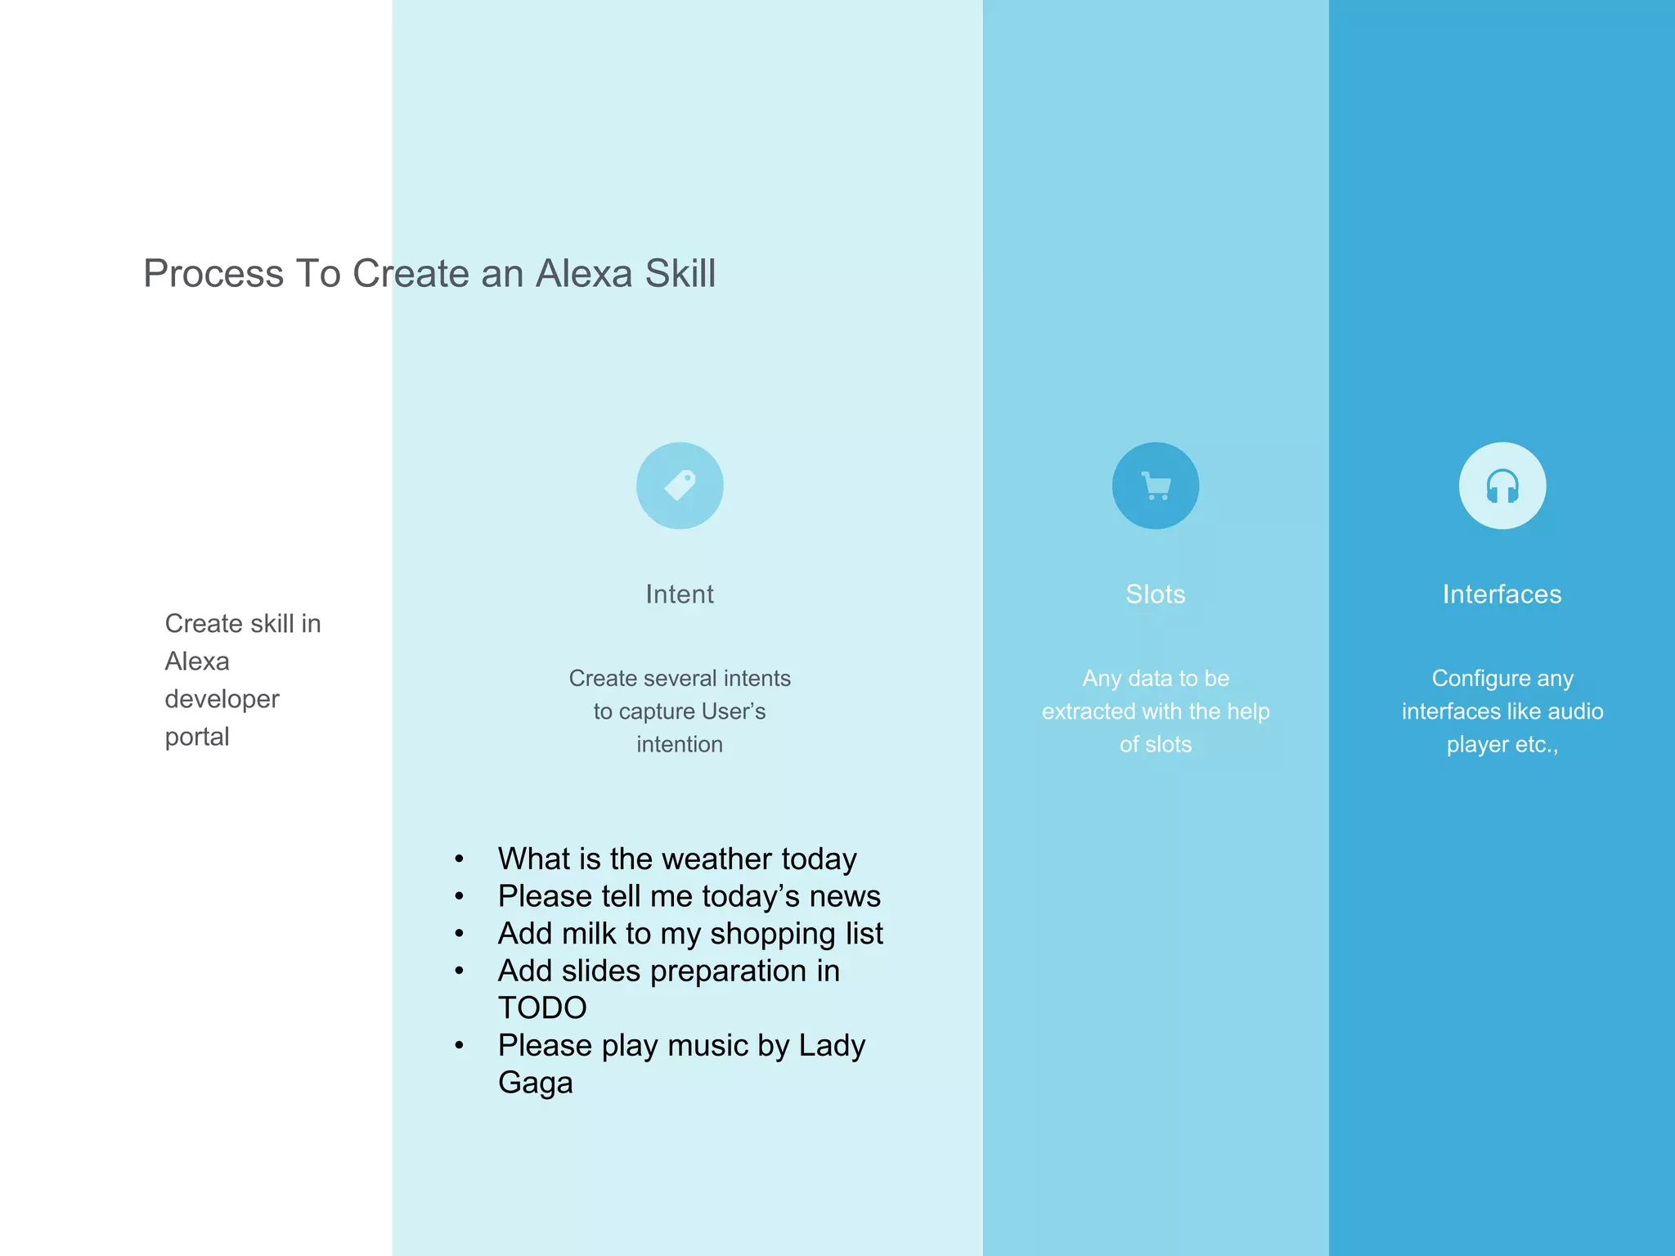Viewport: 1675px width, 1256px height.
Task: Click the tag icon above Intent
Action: [x=680, y=486]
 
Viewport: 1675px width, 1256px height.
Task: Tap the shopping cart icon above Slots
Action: [x=1155, y=486]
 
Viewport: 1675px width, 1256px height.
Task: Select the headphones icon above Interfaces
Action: [x=1502, y=486]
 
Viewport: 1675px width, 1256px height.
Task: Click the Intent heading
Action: [x=680, y=594]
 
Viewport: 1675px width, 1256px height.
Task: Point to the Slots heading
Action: [x=1155, y=594]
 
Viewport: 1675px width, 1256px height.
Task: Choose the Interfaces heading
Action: [x=1502, y=594]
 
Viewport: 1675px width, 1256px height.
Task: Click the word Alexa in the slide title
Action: [x=584, y=274]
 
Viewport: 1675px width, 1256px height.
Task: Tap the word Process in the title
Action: [x=213, y=274]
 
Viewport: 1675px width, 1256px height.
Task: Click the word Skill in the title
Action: [x=680, y=274]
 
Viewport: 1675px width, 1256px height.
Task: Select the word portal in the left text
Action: [x=197, y=738]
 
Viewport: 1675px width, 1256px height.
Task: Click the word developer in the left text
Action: [x=222, y=700]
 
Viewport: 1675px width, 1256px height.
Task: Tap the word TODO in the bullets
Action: [x=542, y=1008]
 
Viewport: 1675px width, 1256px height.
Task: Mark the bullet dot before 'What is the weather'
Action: [x=460, y=859]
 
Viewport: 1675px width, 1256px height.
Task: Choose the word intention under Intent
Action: [x=680, y=745]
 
